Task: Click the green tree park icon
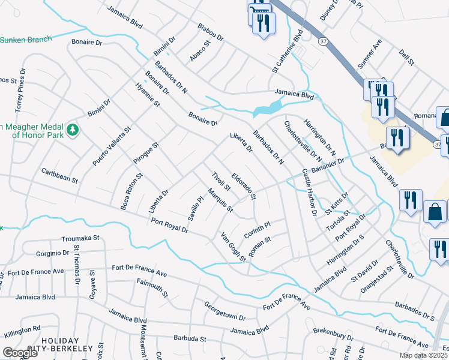click(73, 130)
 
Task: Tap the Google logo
click(20, 353)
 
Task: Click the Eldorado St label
click(244, 187)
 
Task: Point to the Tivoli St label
click(221, 181)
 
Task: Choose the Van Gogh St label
click(233, 247)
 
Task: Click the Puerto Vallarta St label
click(112, 146)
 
